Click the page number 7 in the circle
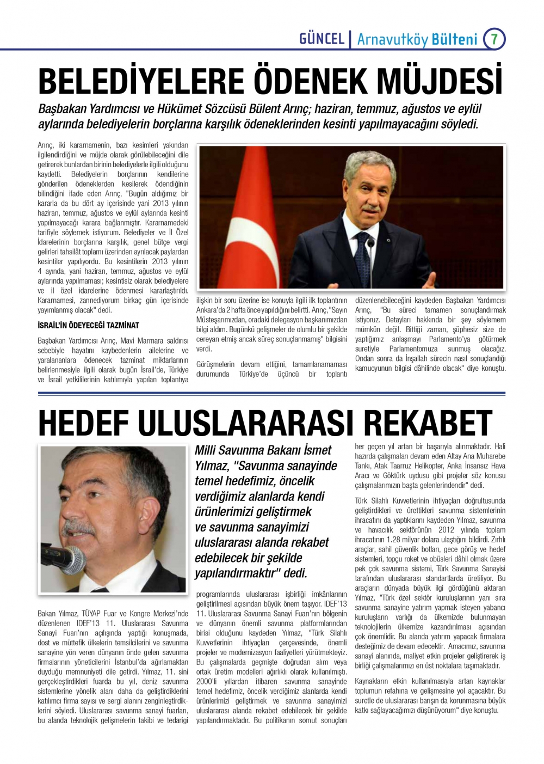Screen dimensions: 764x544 (x=494, y=39)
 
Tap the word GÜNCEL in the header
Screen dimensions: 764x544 (x=322, y=39)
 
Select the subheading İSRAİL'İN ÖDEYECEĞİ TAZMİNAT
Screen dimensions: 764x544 (x=88, y=325)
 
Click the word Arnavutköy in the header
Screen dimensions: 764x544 (x=392, y=39)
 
